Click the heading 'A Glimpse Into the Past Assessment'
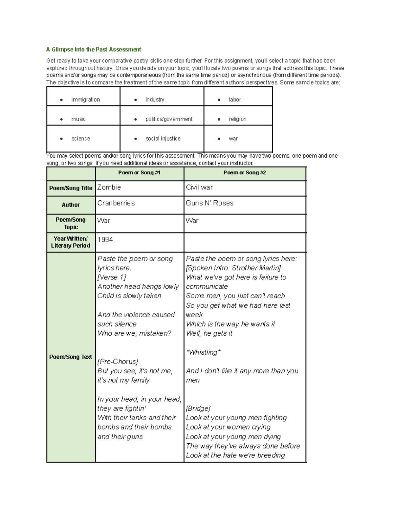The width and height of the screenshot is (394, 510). point(93,50)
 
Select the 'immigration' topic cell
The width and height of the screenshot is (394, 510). point(85,100)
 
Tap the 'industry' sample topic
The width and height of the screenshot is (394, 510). point(155,100)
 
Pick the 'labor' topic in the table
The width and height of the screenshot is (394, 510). point(235,100)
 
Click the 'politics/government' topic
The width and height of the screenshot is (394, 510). point(169,119)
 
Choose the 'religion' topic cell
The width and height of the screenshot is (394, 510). point(237,119)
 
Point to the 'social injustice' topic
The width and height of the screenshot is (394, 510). point(163,139)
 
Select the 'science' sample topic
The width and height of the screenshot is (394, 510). point(80,139)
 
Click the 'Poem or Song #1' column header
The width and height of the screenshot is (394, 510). point(139,173)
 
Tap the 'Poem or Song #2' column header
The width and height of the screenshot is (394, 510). point(245,173)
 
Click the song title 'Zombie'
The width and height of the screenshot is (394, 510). point(109,187)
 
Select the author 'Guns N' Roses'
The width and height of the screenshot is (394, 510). point(209,203)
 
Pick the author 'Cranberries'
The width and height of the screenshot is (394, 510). point(116,203)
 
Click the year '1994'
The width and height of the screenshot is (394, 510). point(105,240)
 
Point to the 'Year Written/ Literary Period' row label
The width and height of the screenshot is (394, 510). point(71,242)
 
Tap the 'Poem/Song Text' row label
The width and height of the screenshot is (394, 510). point(71,357)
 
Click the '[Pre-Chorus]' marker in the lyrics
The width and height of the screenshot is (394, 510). point(118,362)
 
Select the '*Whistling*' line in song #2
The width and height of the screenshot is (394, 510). point(203,352)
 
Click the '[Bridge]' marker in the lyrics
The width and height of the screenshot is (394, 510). point(198,409)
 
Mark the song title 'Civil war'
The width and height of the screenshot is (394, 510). point(199,187)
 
